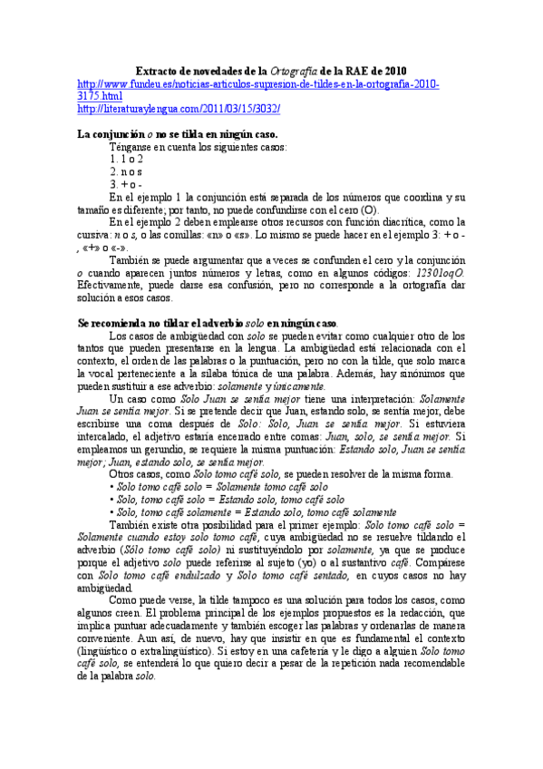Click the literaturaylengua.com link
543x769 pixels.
(x=179, y=109)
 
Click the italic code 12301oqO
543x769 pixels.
(x=439, y=271)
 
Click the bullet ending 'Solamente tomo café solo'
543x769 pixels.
(x=207, y=486)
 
